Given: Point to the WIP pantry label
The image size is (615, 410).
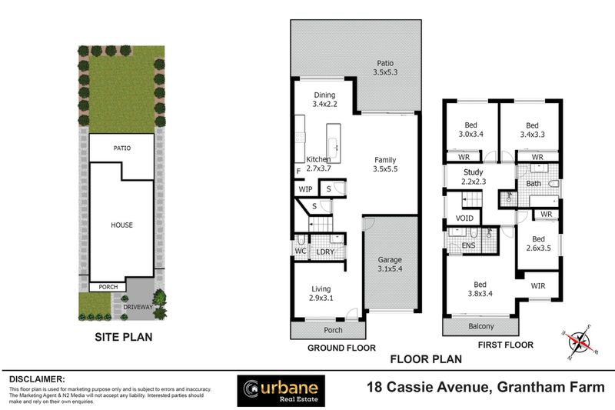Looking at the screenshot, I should [305, 189].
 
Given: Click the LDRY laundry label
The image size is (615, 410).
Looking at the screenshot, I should [324, 252].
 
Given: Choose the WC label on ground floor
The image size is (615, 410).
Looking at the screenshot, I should [300, 251].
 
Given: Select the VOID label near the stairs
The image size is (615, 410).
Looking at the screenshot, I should [464, 218].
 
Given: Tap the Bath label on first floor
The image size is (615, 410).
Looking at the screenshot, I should [534, 184].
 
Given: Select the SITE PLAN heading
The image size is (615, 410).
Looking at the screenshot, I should [123, 336].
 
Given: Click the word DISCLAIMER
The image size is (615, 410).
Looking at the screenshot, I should [37, 379].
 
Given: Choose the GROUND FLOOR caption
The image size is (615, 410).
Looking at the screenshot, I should [341, 348].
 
